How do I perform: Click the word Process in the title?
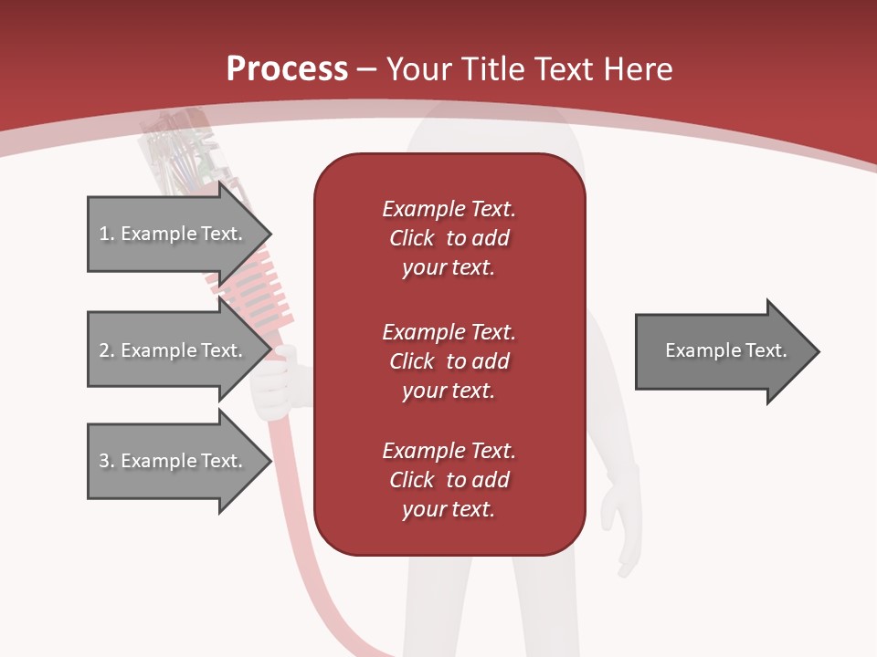pyautogui.click(x=287, y=69)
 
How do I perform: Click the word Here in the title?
pyautogui.click(x=639, y=69)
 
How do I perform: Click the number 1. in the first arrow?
pyautogui.click(x=107, y=234)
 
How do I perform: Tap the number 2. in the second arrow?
pyautogui.click(x=107, y=350)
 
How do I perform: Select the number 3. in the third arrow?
pyautogui.click(x=107, y=461)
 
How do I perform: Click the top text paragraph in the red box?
pyautogui.click(x=449, y=238)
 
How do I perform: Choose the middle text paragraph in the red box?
pyautogui.click(x=449, y=361)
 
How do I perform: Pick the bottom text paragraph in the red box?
pyautogui.click(x=449, y=480)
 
